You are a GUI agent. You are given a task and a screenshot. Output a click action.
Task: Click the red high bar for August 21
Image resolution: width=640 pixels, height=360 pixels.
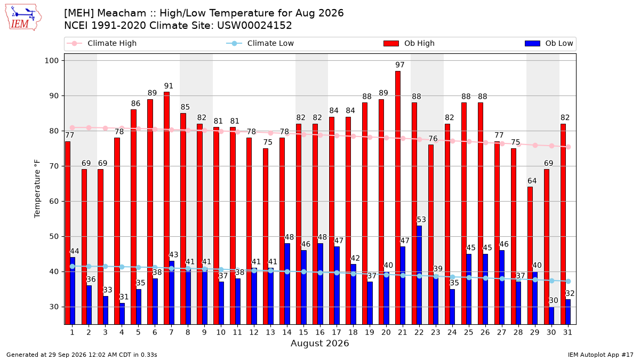point(398,198)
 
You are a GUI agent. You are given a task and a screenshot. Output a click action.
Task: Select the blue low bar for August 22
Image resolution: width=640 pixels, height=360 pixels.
point(419,275)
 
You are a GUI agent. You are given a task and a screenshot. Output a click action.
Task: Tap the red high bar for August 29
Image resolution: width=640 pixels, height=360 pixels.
point(530,255)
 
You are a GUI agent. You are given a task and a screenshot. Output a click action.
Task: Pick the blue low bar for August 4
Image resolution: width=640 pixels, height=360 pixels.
point(122,314)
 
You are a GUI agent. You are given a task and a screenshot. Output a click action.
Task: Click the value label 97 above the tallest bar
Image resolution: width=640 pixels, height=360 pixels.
point(399,65)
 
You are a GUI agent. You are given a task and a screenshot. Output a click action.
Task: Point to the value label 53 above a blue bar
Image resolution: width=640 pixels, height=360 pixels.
point(421,219)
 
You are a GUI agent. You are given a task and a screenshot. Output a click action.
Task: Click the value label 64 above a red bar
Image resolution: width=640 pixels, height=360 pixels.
point(532,181)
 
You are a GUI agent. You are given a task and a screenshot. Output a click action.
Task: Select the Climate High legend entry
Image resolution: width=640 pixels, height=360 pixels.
point(101,43)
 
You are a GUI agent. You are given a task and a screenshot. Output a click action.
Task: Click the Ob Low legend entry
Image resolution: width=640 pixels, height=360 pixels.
point(549,43)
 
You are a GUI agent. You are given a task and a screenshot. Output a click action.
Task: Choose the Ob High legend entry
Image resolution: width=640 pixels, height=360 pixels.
point(409,43)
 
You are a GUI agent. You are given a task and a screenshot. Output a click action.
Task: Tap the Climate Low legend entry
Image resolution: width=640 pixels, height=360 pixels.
point(260,43)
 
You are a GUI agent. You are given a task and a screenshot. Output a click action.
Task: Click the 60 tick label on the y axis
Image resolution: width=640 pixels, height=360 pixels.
point(54,202)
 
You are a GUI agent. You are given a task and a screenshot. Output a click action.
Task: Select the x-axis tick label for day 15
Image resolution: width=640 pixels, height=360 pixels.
point(303,333)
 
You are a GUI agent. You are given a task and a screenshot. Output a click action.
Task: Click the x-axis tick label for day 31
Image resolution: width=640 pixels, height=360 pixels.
point(567,333)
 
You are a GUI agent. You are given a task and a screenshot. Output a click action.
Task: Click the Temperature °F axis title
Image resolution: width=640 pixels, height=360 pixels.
point(37,189)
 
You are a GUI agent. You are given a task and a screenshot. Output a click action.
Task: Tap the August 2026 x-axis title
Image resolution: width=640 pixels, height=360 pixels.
point(319,343)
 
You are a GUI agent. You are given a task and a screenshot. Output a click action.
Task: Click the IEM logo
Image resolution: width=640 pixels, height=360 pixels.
point(23,18)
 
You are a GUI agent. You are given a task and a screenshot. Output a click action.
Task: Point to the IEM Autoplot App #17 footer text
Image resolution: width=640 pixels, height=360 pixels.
point(601,355)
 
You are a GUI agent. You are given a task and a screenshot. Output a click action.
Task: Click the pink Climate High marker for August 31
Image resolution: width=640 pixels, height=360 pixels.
point(569,147)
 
